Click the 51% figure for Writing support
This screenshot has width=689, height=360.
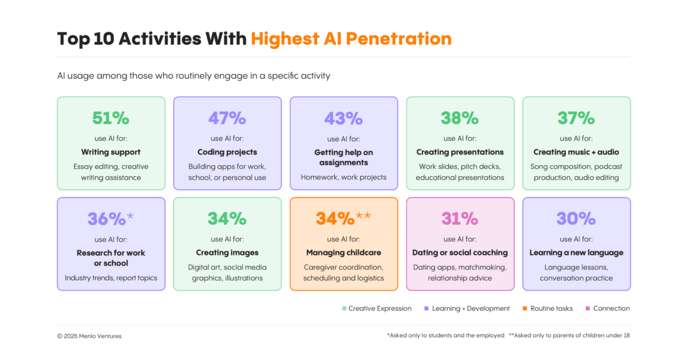(x=111, y=118)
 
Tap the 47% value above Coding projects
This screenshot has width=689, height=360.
(x=227, y=118)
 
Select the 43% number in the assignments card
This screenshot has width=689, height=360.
(x=343, y=118)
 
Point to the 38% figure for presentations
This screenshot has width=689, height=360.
(x=460, y=118)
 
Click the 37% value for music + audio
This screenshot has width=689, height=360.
(x=576, y=118)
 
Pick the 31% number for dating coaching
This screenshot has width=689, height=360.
(x=460, y=219)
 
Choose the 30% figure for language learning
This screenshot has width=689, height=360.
(x=576, y=219)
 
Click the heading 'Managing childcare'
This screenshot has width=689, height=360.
(x=343, y=253)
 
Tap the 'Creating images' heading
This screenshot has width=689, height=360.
(x=227, y=253)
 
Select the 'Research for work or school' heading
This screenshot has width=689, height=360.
(x=111, y=258)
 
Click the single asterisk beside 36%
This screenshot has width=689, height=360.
(x=130, y=215)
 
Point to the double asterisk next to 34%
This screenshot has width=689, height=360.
(x=363, y=215)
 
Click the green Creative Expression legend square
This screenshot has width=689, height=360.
(x=344, y=308)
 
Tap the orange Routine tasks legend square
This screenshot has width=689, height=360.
(x=525, y=308)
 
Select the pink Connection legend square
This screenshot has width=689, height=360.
(x=588, y=308)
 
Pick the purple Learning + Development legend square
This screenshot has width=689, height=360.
(x=426, y=308)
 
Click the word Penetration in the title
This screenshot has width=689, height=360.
(x=399, y=39)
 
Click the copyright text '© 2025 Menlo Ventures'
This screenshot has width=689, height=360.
(x=89, y=336)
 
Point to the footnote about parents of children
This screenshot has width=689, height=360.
(x=570, y=335)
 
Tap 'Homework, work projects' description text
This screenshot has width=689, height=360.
(x=343, y=177)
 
